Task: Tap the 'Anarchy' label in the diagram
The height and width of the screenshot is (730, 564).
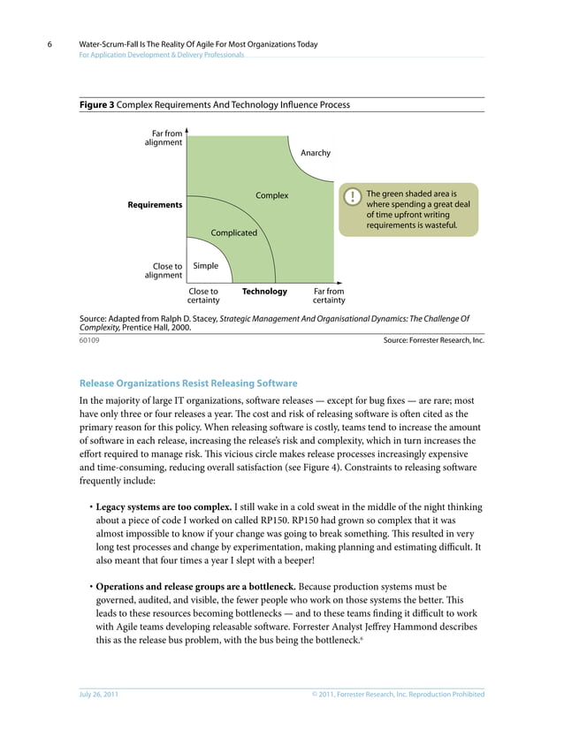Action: click(316, 153)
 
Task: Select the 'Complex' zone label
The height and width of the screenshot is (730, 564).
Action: click(272, 195)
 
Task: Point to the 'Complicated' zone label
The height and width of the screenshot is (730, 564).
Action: click(233, 233)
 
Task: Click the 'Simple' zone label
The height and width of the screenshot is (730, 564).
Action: click(206, 266)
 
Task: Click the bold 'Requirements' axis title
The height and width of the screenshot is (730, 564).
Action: click(156, 205)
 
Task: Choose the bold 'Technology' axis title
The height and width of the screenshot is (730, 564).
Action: click(264, 292)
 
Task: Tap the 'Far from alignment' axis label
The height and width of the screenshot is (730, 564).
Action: click(163, 138)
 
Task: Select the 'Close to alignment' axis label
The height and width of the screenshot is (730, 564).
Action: click(164, 270)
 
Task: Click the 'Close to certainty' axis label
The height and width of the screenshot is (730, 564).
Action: click(204, 296)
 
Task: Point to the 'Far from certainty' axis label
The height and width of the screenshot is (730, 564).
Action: click(329, 296)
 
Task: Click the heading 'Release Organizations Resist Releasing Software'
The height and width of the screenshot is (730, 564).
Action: click(188, 384)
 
